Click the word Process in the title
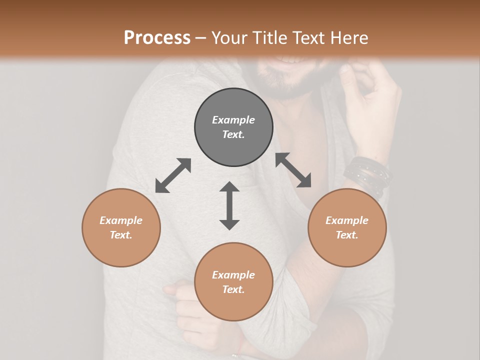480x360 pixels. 157,38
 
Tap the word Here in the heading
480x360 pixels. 347,38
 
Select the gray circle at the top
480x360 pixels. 233,127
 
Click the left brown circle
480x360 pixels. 121,227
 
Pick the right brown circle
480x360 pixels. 347,227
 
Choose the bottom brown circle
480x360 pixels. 233,281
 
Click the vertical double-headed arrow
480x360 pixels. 229,205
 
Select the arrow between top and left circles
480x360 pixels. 173,175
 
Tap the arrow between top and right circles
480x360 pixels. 293,170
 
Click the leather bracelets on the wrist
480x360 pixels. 367,175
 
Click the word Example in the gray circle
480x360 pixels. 233,120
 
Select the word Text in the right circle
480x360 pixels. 347,235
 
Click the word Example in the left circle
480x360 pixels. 121,220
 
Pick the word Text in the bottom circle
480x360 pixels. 233,289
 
